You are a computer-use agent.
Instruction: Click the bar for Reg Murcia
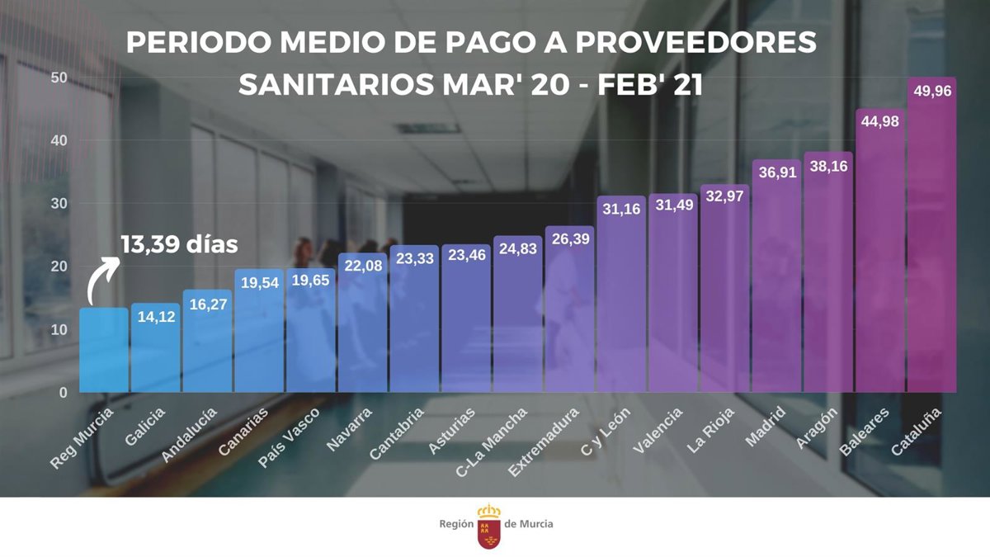[x=103, y=351]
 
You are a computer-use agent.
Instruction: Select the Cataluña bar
[x=931, y=239]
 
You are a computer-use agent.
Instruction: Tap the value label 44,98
[x=879, y=121]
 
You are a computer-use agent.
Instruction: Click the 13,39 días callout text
[x=179, y=244]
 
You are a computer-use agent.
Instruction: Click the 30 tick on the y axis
[x=58, y=203]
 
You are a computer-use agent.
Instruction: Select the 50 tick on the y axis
[x=58, y=78]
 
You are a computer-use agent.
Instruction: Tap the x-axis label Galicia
[x=146, y=426]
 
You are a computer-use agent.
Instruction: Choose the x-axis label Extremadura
[x=544, y=441]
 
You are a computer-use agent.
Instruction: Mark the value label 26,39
[x=569, y=238]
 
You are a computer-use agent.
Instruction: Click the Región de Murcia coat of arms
[x=489, y=526]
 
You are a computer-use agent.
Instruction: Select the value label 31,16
[x=621, y=210]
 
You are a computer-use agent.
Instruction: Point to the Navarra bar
[x=362, y=326]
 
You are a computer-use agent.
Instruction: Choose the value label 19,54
[x=259, y=282]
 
